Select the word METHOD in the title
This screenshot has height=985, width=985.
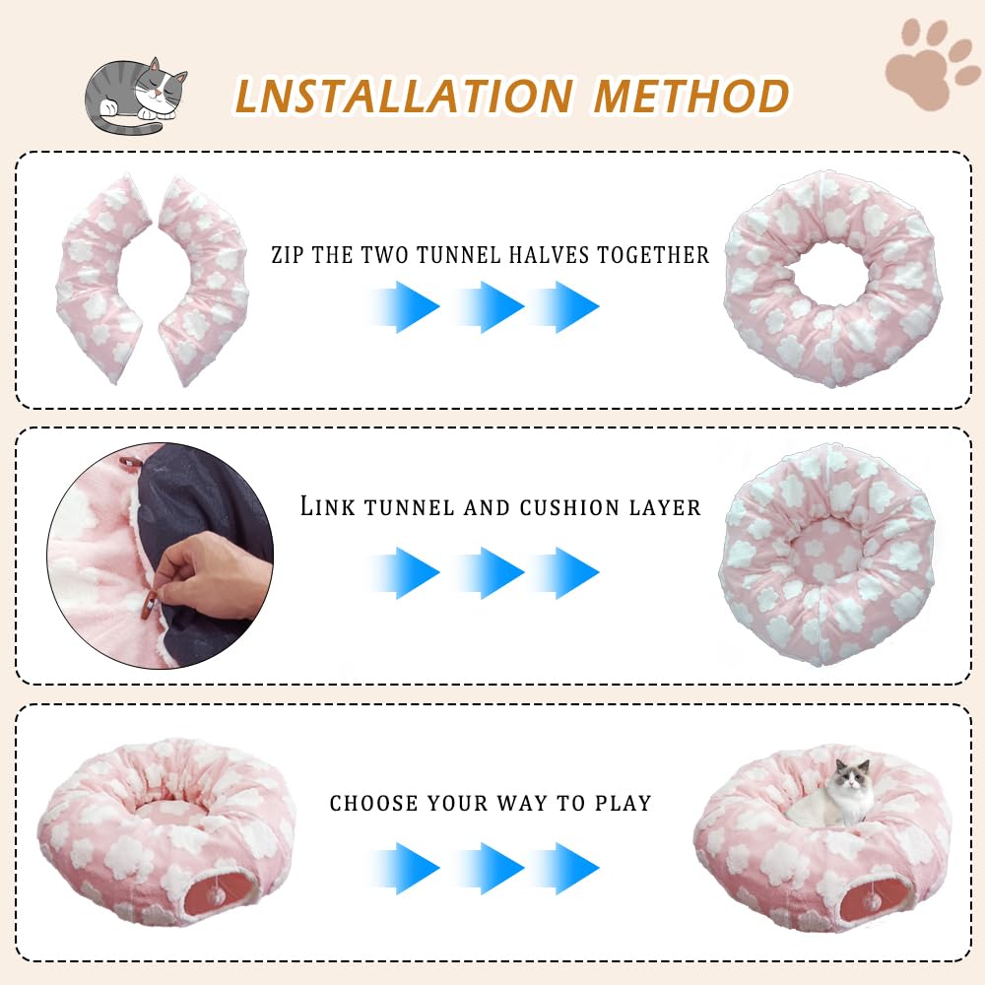click(692, 96)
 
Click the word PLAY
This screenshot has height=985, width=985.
click(623, 804)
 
